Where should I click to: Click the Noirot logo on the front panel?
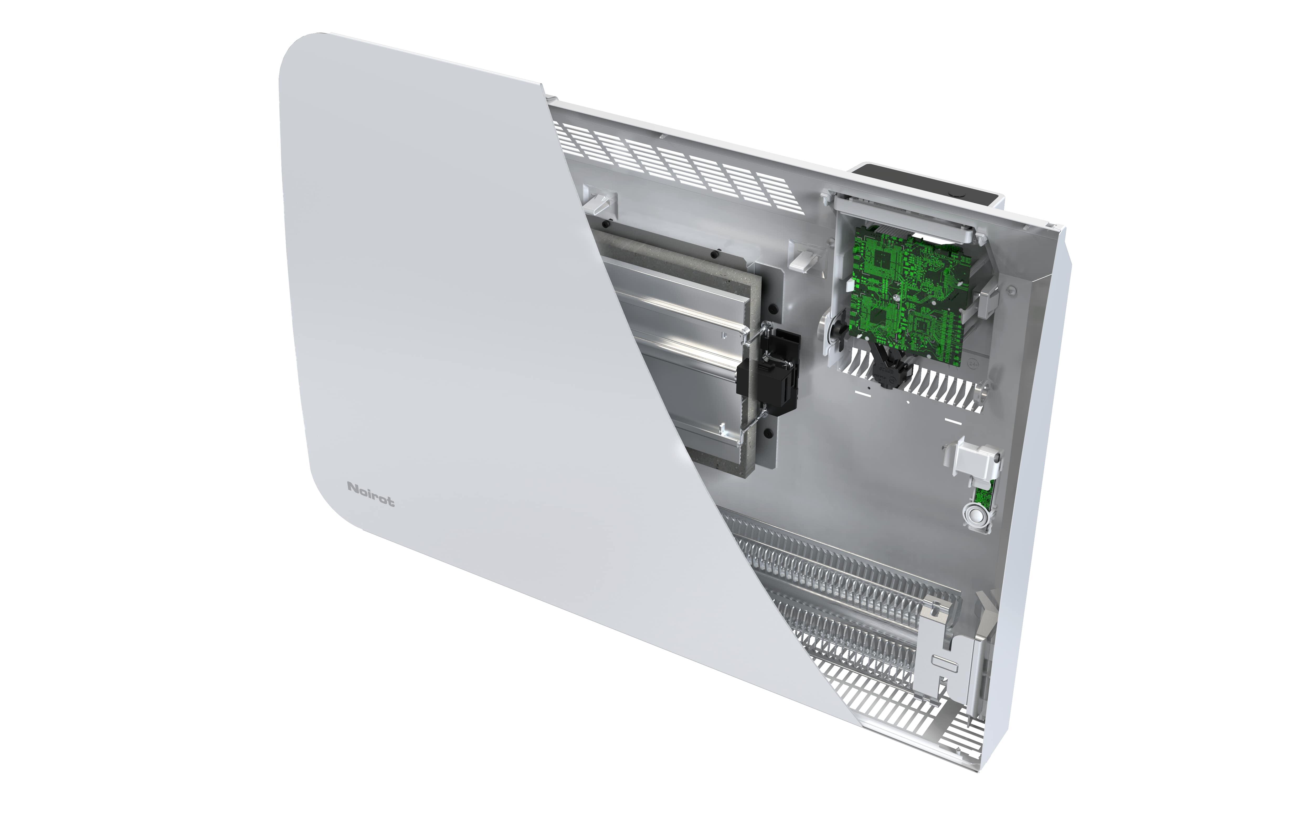[x=371, y=494]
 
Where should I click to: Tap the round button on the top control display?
[x=959, y=193]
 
